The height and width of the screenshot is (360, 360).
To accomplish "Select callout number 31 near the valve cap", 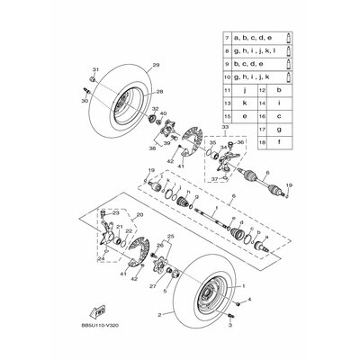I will (94, 70).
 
